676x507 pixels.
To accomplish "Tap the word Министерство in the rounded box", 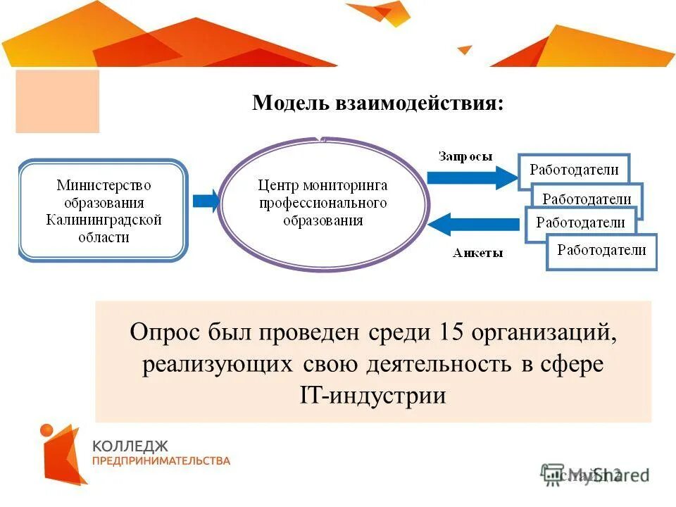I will click(104, 186).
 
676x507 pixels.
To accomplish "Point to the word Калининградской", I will click(104, 220).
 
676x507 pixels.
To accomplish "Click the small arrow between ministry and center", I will click(206, 201).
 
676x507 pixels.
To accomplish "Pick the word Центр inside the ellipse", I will click(278, 186).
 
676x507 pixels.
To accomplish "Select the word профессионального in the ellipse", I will click(323, 204).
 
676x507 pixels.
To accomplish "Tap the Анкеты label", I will click(477, 254).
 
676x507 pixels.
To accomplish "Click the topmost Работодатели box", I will click(574, 170).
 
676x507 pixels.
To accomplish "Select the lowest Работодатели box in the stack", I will click(601, 251).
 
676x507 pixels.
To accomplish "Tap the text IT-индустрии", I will click(373, 396).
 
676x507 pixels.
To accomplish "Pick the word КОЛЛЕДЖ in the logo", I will click(130, 446).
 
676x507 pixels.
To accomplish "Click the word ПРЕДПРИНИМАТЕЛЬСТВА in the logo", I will click(161, 461).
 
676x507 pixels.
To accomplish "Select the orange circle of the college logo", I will click(47, 430).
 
